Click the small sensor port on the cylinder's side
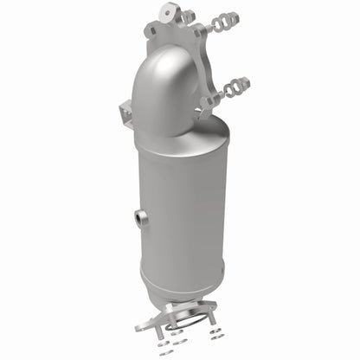pos(141,217)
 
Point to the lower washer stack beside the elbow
pos(236,87)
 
